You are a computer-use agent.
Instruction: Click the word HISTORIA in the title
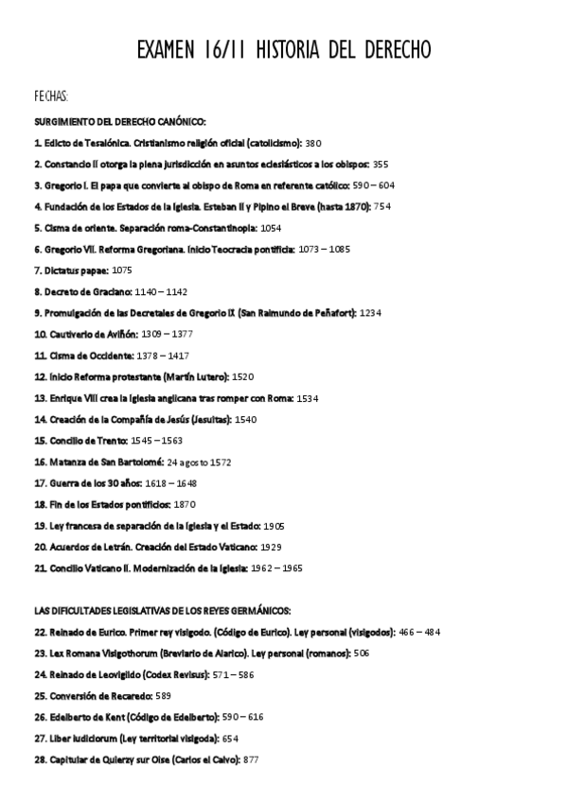[296, 48]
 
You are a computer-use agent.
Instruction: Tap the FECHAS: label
[50, 97]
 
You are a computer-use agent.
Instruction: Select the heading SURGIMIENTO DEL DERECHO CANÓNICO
[119, 122]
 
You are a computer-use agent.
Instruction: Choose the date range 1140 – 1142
[161, 291]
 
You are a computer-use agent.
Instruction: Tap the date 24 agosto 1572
[199, 462]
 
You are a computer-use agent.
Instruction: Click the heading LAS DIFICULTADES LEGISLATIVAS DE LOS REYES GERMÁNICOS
[162, 610]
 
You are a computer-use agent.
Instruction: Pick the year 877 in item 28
[251, 759]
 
